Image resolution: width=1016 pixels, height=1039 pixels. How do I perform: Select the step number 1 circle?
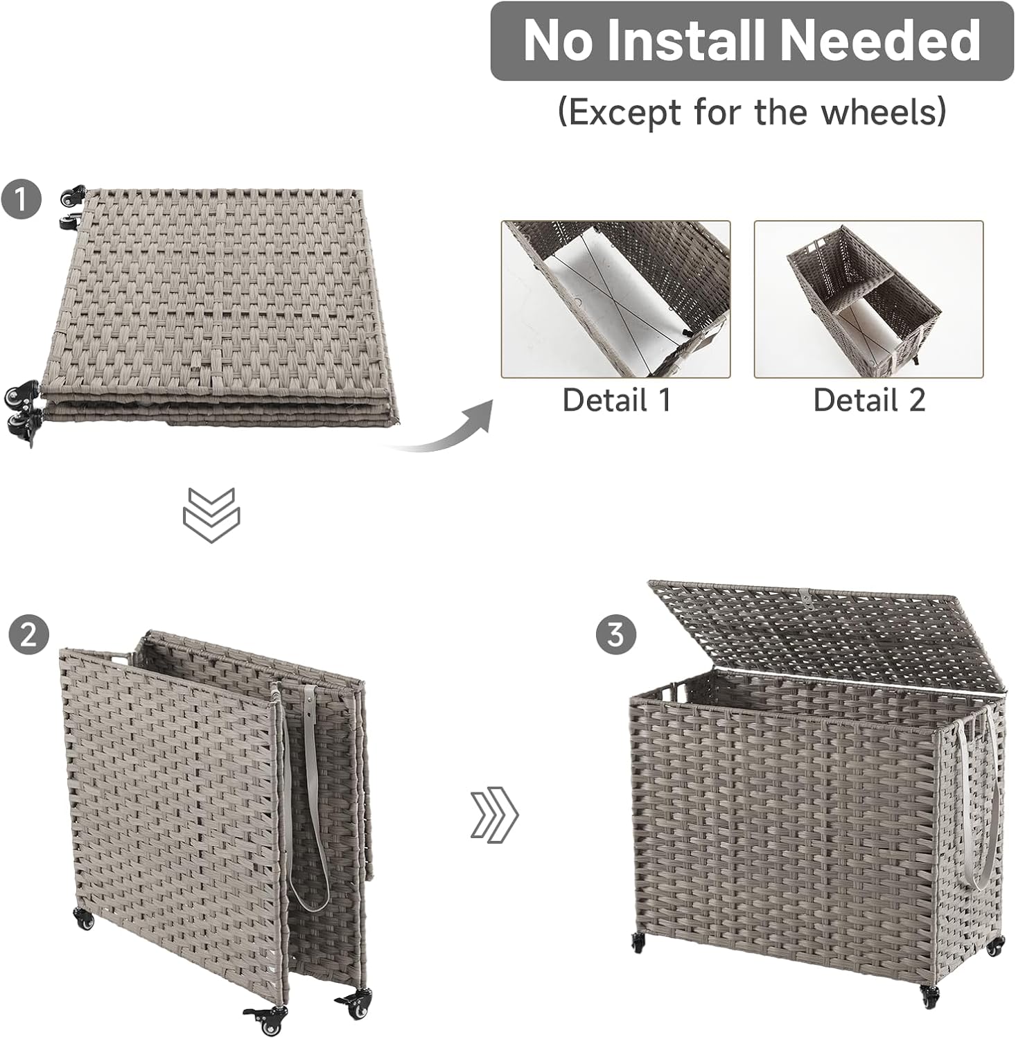[21, 199]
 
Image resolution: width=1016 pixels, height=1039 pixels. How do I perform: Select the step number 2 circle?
[28, 634]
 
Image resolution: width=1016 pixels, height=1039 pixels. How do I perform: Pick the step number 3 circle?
[615, 634]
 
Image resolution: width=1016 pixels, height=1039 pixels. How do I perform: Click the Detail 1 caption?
[616, 400]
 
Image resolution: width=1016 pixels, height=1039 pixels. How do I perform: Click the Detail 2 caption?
[869, 400]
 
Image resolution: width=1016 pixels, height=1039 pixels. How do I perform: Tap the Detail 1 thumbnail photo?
[615, 299]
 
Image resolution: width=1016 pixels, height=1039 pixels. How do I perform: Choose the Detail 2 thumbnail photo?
[868, 299]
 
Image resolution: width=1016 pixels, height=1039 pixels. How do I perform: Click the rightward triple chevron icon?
[494, 815]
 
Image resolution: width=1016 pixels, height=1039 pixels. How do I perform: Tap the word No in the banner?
[558, 41]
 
